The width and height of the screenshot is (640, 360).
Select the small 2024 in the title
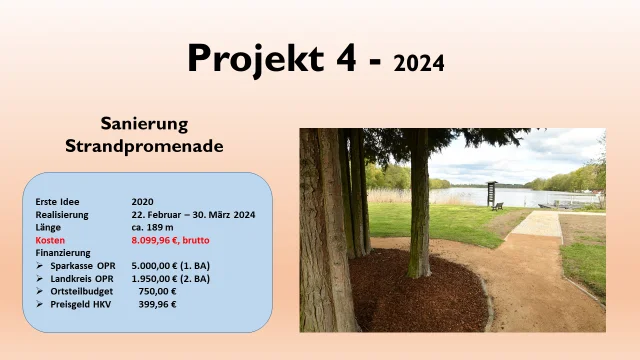coord(419,64)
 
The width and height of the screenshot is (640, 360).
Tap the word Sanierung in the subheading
coord(144,123)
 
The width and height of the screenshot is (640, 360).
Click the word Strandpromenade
coord(144,146)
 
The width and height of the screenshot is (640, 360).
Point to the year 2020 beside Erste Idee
coord(142,201)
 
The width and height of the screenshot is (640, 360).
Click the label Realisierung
coord(62,214)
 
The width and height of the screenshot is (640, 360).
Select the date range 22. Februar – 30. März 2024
coord(193,214)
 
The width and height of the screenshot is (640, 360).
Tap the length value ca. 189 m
coord(153,227)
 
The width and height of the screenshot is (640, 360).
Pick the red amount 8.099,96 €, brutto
coord(171,240)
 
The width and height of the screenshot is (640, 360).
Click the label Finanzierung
coord(63,253)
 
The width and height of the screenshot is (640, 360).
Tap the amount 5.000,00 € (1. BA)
coord(171,266)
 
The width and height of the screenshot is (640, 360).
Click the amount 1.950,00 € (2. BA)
coord(171,279)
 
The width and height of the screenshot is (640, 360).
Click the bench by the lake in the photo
coord(498,206)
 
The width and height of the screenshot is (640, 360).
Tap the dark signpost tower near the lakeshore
coord(491,192)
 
